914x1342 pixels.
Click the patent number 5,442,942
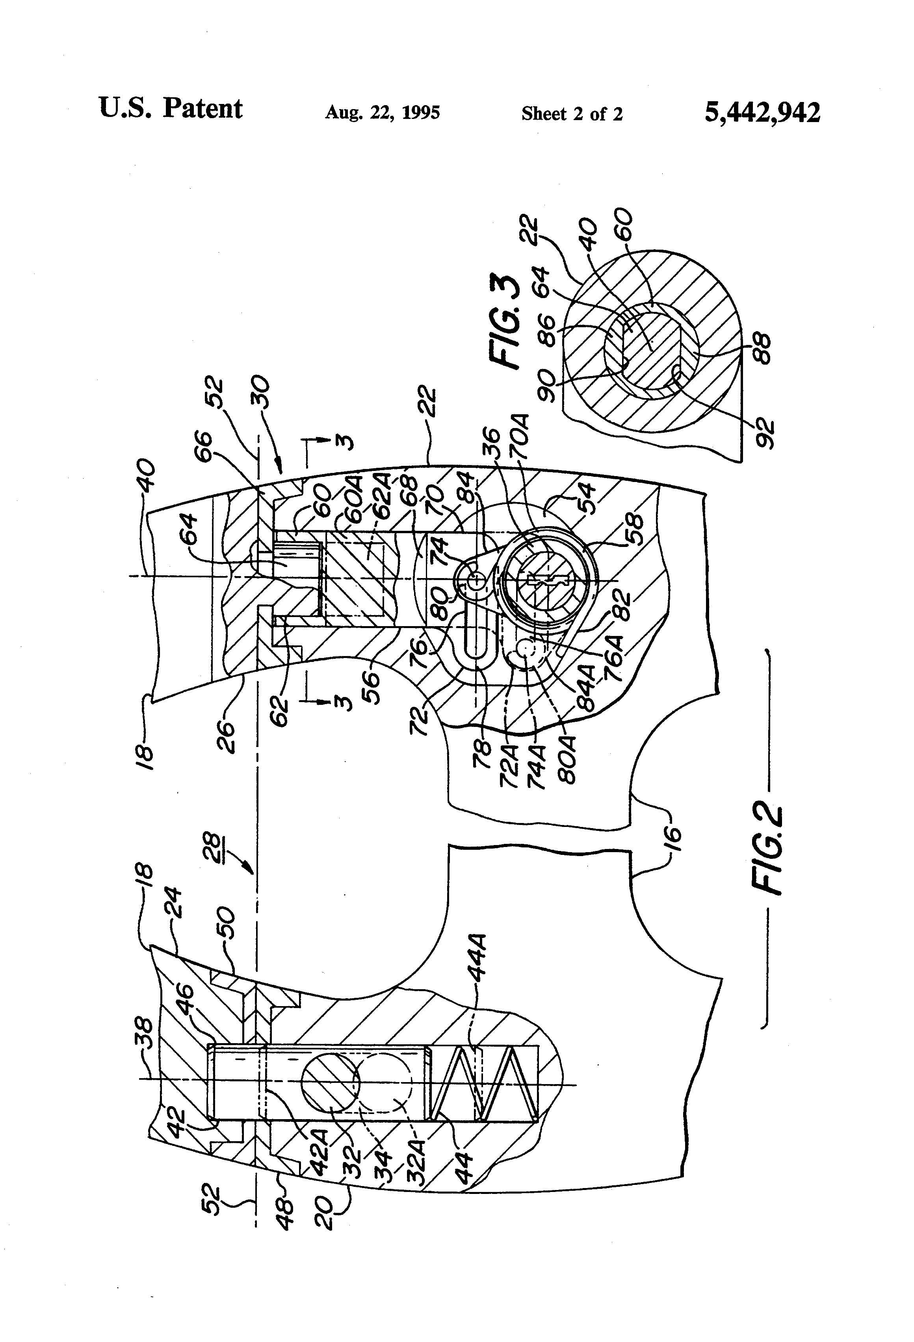coord(762,112)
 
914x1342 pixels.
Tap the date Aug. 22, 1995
coord(383,112)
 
